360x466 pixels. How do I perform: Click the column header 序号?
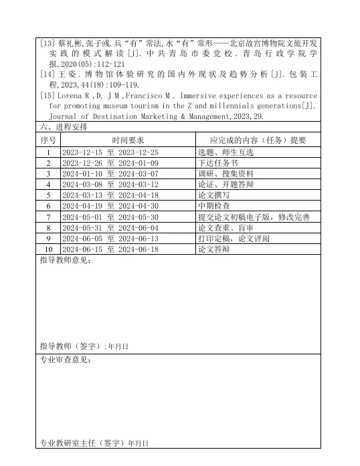click(x=48, y=140)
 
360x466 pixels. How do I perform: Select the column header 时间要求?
click(x=128, y=140)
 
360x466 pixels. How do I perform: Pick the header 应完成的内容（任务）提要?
click(x=257, y=140)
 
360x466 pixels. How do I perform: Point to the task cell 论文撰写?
click(x=213, y=195)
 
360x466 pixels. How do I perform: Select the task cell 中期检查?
click(x=213, y=206)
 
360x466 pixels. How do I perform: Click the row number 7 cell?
click(x=48, y=217)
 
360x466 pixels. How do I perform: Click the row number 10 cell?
click(x=48, y=249)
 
